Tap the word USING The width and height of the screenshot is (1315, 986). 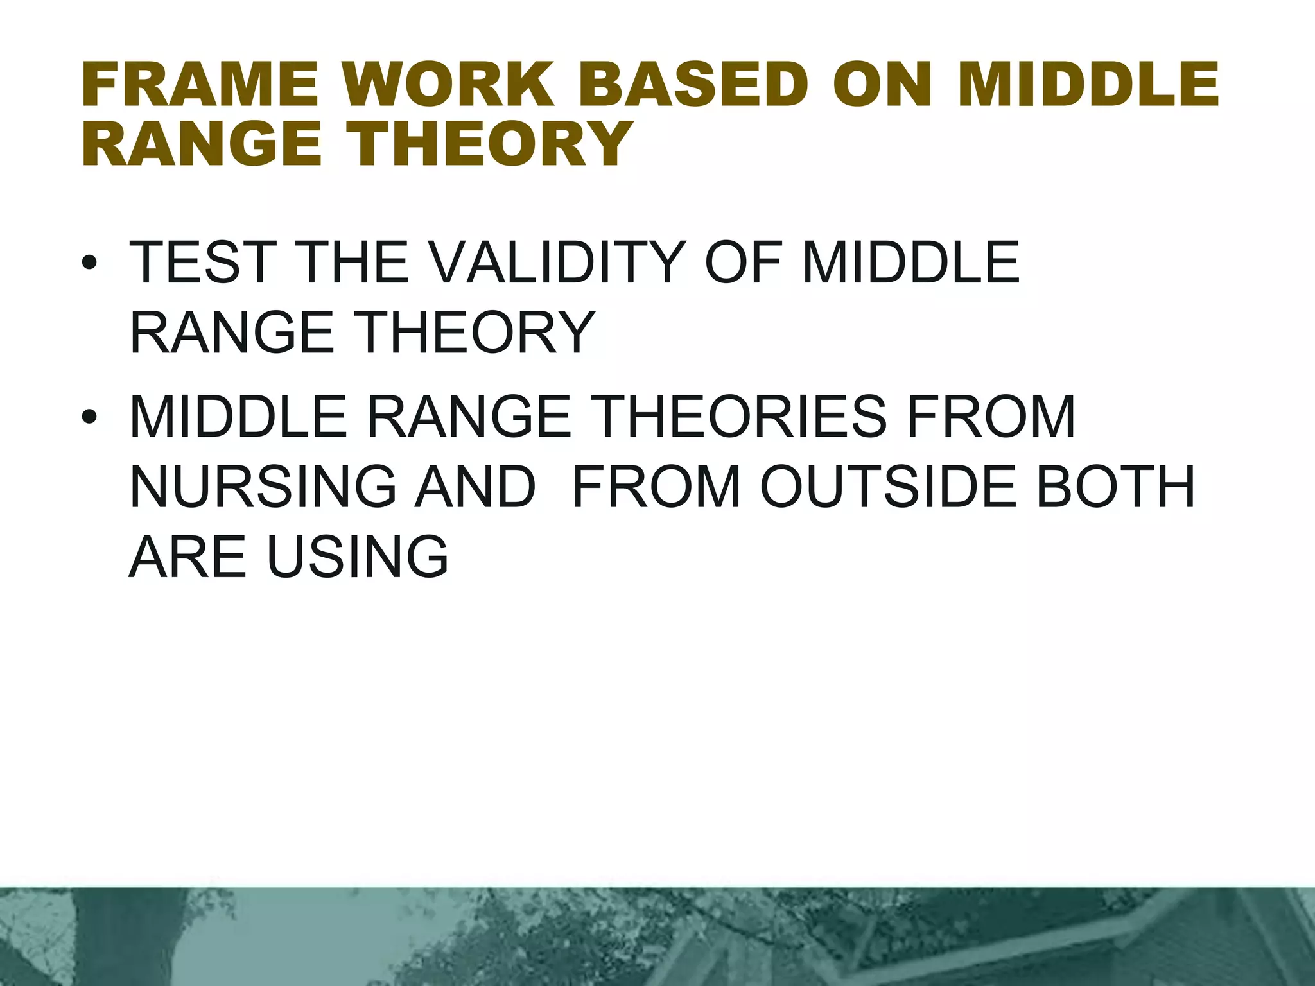pos(357,557)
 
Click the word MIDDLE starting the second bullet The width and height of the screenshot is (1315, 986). pos(238,417)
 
